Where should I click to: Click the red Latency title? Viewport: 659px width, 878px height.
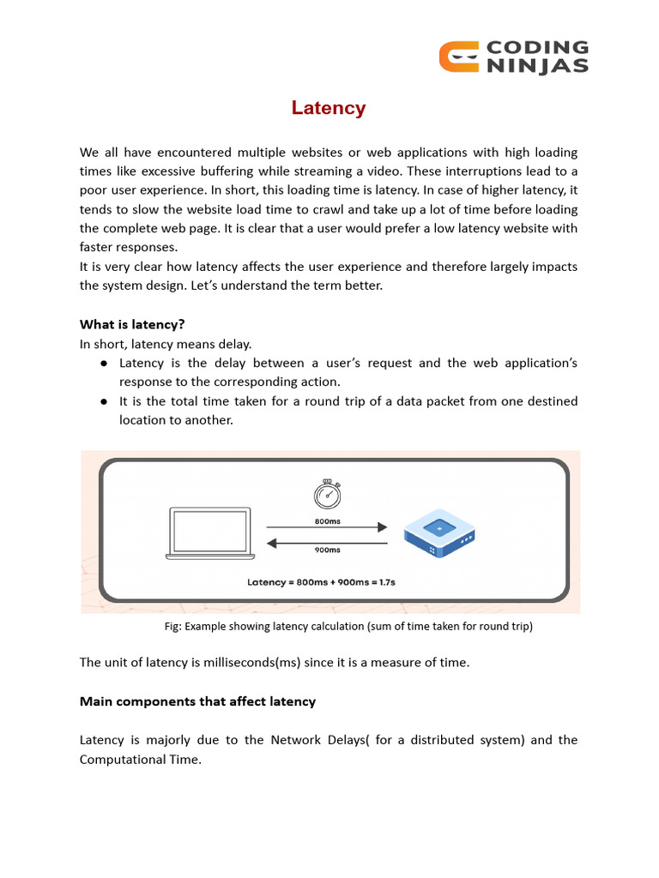329,108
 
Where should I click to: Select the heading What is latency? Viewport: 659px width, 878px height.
132,324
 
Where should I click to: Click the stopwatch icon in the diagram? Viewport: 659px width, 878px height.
326,496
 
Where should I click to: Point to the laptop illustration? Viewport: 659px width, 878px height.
209,533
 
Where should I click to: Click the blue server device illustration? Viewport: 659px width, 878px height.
440,532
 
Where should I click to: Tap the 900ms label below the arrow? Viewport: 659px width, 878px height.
327,550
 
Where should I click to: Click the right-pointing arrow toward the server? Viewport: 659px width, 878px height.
327,528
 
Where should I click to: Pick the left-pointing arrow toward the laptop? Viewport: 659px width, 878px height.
327,541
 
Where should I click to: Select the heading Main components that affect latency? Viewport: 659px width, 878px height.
197,701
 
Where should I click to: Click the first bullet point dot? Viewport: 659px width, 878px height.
103,364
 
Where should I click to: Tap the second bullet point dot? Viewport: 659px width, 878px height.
103,401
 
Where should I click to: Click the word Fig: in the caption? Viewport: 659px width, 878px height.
173,627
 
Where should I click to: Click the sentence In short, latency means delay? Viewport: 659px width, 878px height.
166,344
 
